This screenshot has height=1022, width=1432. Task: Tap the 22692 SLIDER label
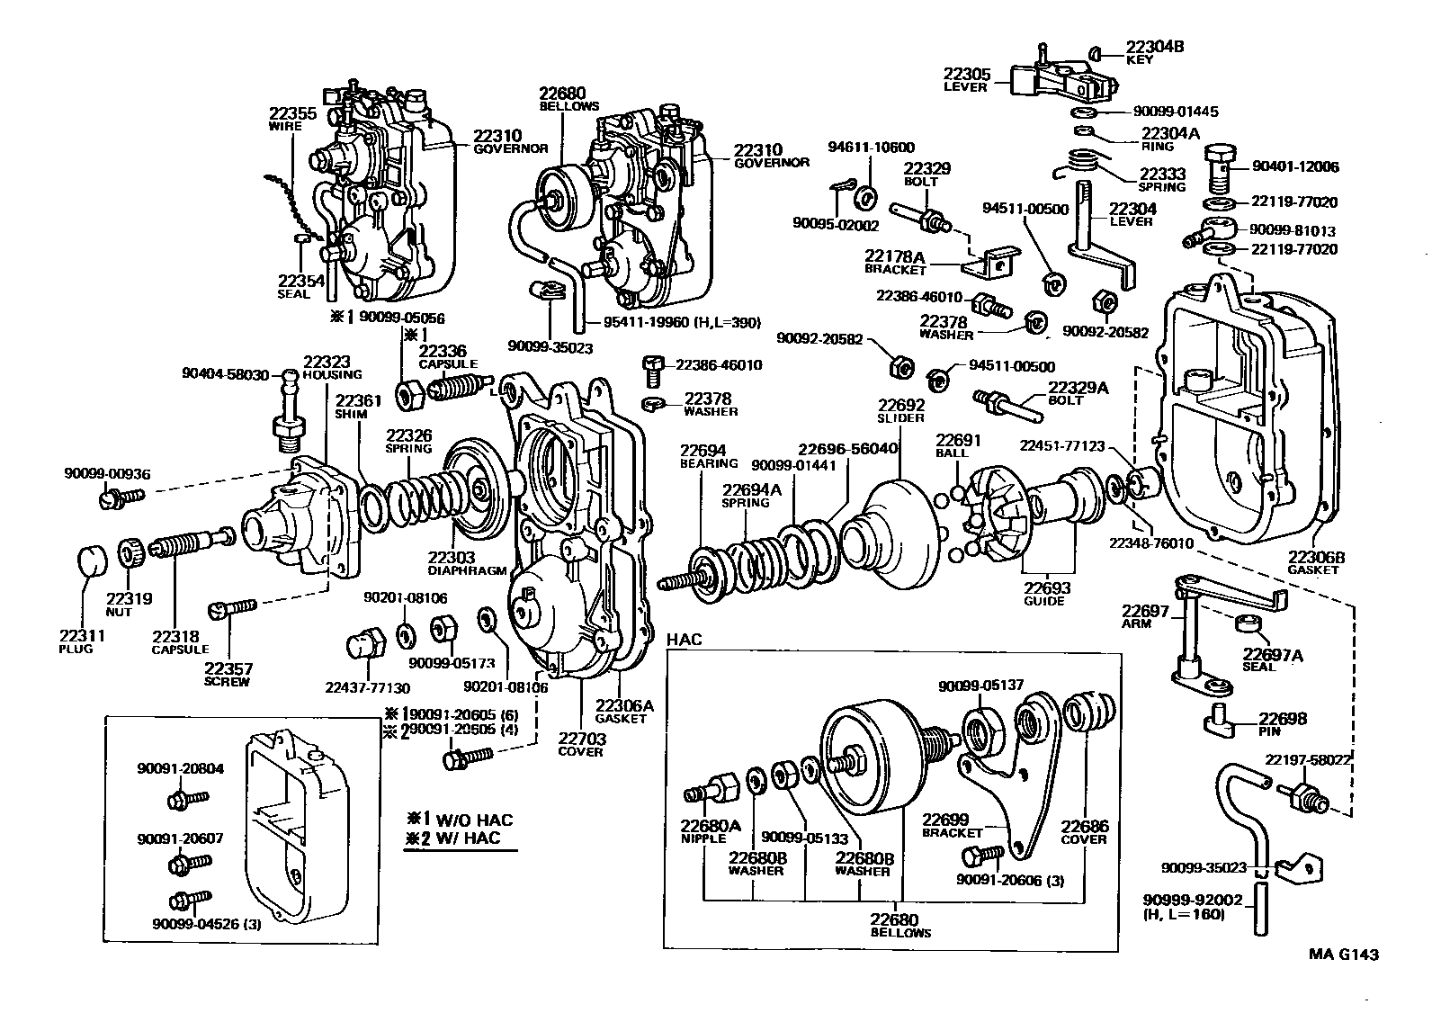(x=901, y=411)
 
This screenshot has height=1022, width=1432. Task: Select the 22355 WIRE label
(x=292, y=119)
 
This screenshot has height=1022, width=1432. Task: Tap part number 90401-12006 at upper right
(x=1294, y=166)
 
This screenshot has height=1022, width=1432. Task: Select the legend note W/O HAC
(x=459, y=820)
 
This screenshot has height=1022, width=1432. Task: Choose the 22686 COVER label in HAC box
(x=1084, y=831)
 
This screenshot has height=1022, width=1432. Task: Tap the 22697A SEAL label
(x=1273, y=659)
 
